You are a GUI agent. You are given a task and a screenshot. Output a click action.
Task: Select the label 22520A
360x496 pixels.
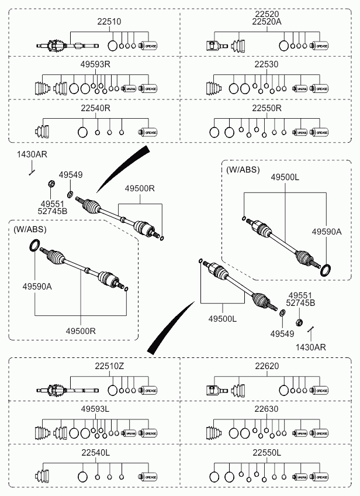(x=266, y=21)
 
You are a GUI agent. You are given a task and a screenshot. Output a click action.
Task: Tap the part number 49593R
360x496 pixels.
(x=95, y=64)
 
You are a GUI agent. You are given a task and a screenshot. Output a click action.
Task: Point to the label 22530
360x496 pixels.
(x=266, y=64)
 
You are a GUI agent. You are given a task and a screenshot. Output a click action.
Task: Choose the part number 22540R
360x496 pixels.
(x=95, y=108)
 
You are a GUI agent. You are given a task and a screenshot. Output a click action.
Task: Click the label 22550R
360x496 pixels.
(x=266, y=108)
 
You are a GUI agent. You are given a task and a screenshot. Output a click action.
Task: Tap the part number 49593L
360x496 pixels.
(x=95, y=409)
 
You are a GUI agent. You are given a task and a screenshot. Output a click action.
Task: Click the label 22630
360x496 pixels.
(x=266, y=409)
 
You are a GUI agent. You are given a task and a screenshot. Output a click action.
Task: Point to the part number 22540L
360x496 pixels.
(x=95, y=453)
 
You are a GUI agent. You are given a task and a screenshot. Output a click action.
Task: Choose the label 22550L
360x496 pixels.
(x=266, y=453)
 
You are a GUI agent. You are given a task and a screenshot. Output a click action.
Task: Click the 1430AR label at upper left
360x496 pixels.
(x=32, y=155)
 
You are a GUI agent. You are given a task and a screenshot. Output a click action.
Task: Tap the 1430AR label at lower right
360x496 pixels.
(x=310, y=347)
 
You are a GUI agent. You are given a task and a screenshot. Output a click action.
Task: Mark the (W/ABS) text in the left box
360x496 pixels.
(x=29, y=229)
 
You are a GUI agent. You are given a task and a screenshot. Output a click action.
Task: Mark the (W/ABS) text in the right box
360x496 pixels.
(x=241, y=169)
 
